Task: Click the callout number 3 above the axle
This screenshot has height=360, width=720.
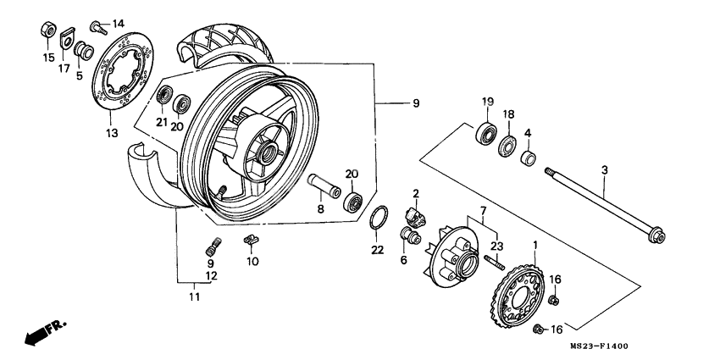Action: coord(604,171)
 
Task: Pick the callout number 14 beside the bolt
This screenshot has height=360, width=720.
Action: coord(117,23)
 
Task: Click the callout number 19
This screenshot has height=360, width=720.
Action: coord(487,102)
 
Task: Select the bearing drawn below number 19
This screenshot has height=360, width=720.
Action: coord(487,132)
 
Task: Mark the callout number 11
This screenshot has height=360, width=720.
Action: coord(196,296)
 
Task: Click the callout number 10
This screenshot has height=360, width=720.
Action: coord(252,262)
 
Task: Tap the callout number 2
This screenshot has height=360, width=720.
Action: coord(417,194)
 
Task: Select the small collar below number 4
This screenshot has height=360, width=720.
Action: coord(526,158)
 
